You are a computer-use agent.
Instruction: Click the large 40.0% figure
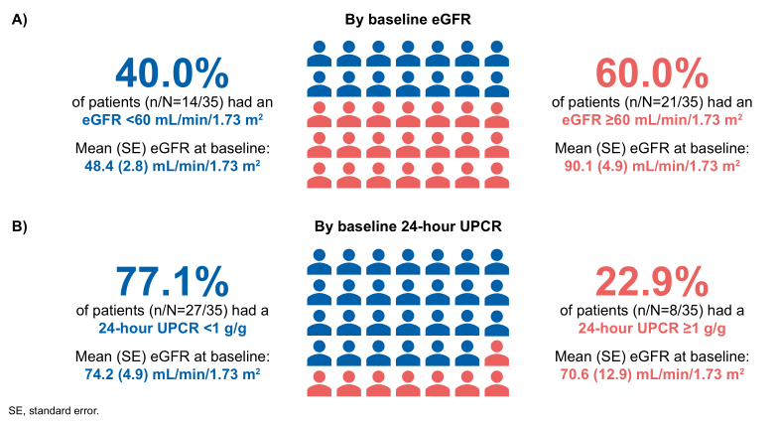click(x=171, y=74)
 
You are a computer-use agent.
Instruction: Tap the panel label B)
click(x=19, y=226)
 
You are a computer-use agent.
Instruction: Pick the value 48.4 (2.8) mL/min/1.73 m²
click(x=171, y=166)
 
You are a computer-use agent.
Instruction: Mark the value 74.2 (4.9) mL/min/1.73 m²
click(x=171, y=372)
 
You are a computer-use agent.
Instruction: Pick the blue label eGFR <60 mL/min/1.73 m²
click(x=171, y=119)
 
